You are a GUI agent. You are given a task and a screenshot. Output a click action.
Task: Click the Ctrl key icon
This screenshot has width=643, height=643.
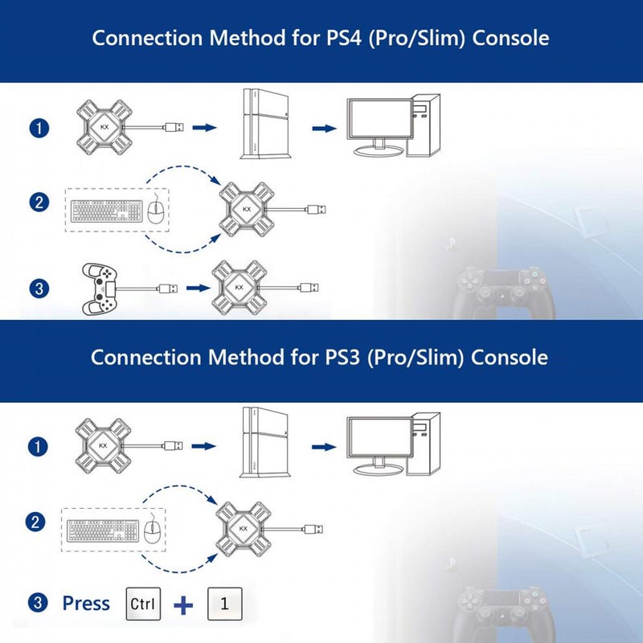tap(143, 604)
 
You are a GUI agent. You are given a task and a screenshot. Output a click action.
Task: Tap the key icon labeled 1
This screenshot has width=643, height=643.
tap(225, 604)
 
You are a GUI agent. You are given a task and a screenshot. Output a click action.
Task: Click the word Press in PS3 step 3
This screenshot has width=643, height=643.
tap(86, 604)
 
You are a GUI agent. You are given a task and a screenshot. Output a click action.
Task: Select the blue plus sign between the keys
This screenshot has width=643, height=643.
tap(183, 605)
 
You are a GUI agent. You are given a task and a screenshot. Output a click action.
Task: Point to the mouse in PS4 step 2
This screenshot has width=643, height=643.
tap(156, 211)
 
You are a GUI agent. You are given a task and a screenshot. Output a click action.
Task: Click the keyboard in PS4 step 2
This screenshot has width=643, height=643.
tap(107, 211)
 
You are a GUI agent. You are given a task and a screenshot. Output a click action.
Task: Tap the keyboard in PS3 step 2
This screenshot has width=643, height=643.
tap(103, 531)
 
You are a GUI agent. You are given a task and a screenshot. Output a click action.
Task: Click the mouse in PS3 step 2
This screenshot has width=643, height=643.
tap(153, 530)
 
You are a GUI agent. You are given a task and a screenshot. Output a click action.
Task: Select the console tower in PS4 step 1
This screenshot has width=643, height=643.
tap(266, 124)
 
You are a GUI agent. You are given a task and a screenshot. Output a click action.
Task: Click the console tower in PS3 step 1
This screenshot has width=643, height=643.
tap(265, 442)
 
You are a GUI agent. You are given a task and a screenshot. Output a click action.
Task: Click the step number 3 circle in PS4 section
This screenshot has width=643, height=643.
tap(39, 289)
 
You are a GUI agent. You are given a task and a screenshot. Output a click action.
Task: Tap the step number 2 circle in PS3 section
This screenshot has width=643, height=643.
tap(35, 522)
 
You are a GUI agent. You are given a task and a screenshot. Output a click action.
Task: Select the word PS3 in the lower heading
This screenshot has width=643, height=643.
tap(342, 357)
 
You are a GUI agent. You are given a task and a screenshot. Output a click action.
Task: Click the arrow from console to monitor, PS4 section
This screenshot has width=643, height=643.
tap(325, 129)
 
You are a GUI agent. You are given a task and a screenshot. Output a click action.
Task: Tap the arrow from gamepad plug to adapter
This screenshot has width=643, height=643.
tap(199, 289)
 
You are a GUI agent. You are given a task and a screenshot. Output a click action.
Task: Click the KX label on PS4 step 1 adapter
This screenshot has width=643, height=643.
tap(104, 127)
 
